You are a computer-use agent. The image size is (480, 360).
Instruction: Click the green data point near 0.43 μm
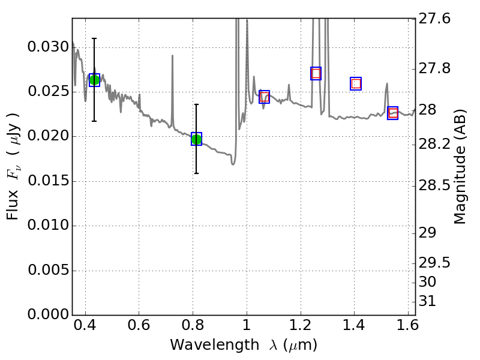(x=94, y=80)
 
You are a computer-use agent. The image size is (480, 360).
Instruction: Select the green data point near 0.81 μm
(x=196, y=139)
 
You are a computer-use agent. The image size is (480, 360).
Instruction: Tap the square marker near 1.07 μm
(x=265, y=97)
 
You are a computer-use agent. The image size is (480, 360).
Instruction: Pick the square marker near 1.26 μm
(x=316, y=73)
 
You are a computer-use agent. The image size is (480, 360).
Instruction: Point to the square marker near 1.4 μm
(x=356, y=83)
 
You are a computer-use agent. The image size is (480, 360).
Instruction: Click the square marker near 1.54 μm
(x=393, y=113)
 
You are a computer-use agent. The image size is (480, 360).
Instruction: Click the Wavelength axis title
(x=243, y=345)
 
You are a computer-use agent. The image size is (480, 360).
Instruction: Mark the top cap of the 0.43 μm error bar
(x=94, y=38)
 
